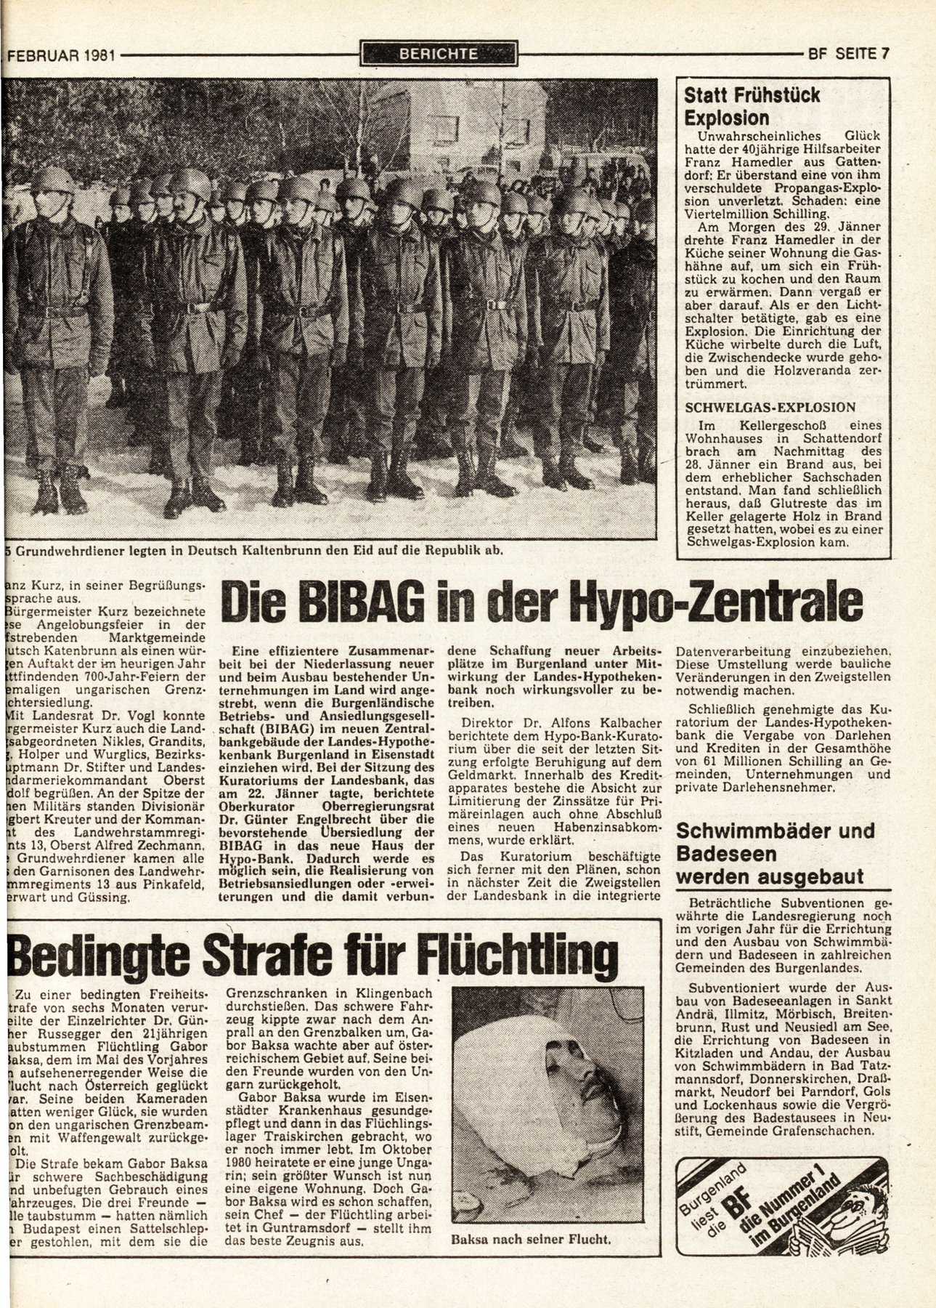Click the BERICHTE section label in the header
tap(440, 53)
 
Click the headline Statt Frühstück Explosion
tap(752, 106)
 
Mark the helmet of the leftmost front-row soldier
tap(52, 179)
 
